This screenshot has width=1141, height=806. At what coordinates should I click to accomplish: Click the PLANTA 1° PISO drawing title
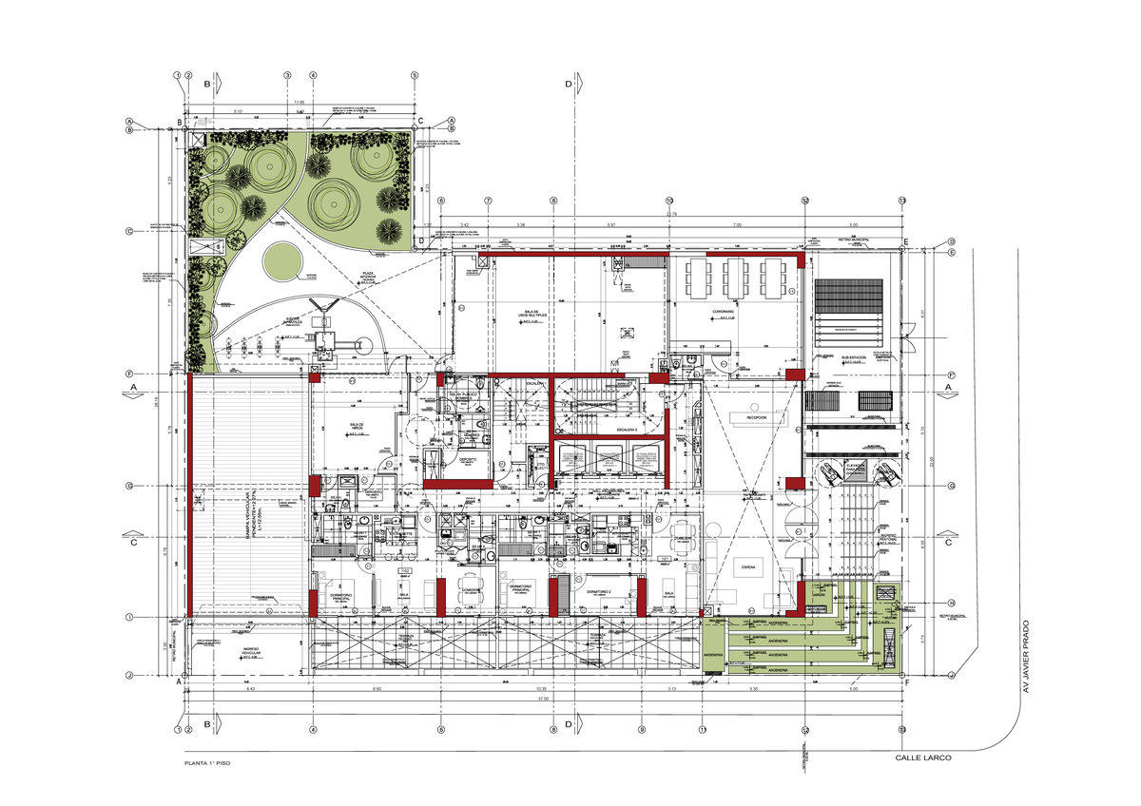pyautogui.click(x=207, y=763)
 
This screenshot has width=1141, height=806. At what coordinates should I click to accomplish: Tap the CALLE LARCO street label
pyautogui.click(x=923, y=758)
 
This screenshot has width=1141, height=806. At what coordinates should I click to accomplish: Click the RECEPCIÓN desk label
pyautogui.click(x=756, y=417)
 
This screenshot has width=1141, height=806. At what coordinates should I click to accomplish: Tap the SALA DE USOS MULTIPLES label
pyautogui.click(x=535, y=314)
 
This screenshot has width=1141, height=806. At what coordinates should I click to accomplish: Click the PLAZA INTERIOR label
pyautogui.click(x=367, y=276)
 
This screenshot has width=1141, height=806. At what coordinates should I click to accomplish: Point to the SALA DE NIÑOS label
pyautogui.click(x=358, y=427)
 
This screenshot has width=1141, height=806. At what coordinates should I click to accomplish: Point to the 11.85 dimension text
pyautogui.click(x=300, y=102)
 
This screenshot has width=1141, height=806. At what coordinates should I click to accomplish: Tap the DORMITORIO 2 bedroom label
pyautogui.click(x=603, y=592)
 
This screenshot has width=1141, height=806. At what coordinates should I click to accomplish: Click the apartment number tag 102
pyautogui.click(x=404, y=570)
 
